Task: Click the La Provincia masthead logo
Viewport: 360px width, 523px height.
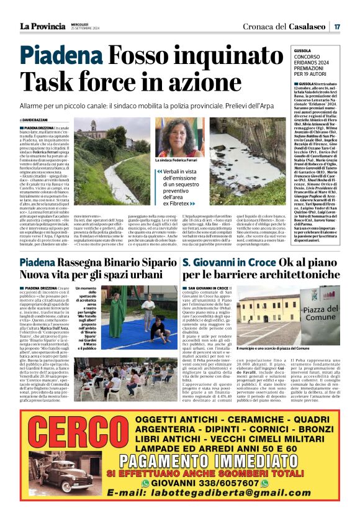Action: [x=43, y=26]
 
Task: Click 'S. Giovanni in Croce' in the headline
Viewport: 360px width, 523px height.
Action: [x=233, y=263]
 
